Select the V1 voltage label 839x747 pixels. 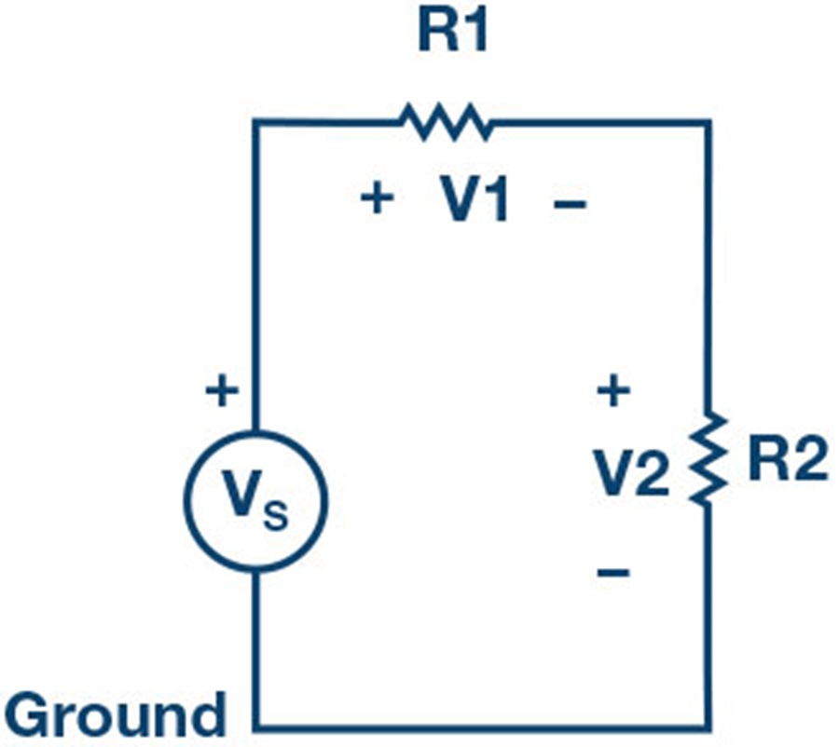[x=473, y=199]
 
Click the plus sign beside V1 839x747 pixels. [x=378, y=198]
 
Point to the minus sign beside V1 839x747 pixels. [x=570, y=204]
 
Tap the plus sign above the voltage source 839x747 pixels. [x=222, y=391]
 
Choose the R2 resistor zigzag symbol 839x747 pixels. [x=708, y=457]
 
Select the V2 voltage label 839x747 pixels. [x=631, y=473]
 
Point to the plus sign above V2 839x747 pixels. [x=613, y=390]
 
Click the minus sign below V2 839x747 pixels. [x=613, y=573]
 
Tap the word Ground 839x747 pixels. [x=116, y=714]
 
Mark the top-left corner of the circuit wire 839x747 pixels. [x=257, y=123]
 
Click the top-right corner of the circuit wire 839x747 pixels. [x=708, y=123]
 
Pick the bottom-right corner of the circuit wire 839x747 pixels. [x=708, y=727]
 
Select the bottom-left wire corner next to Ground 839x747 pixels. [x=257, y=727]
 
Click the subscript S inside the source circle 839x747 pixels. [x=276, y=515]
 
